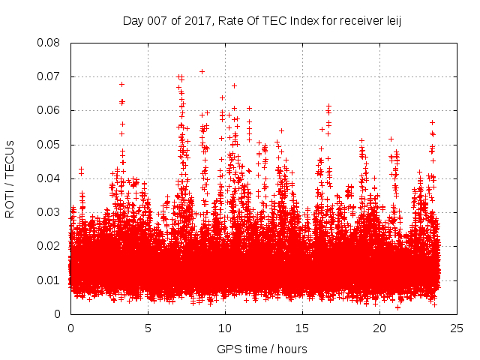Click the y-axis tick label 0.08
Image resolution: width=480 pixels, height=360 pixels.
coord(49,43)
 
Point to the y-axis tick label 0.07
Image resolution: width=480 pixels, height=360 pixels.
coord(49,76)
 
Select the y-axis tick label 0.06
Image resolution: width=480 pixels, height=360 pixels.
coord(49,110)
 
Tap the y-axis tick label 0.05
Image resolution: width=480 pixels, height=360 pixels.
coord(49,144)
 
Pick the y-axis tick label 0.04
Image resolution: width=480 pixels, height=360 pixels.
coord(49,178)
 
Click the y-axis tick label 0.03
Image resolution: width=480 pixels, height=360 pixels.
coord(49,212)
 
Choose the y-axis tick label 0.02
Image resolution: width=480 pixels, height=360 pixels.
coord(49,246)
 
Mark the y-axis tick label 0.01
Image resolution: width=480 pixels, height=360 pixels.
coord(49,280)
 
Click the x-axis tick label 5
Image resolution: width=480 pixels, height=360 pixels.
coord(148,328)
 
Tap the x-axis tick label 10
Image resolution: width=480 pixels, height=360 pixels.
coord(225,328)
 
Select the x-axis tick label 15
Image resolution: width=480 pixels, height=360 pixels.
coord(302,328)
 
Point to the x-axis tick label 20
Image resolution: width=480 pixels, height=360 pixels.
coord(379,328)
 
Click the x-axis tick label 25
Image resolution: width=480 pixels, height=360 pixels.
coord(457,328)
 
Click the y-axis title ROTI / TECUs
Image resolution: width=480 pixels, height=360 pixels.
coord(10,178)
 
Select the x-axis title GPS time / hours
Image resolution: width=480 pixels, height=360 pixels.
coord(262,349)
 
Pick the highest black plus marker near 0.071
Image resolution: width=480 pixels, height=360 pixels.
coord(202,71)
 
